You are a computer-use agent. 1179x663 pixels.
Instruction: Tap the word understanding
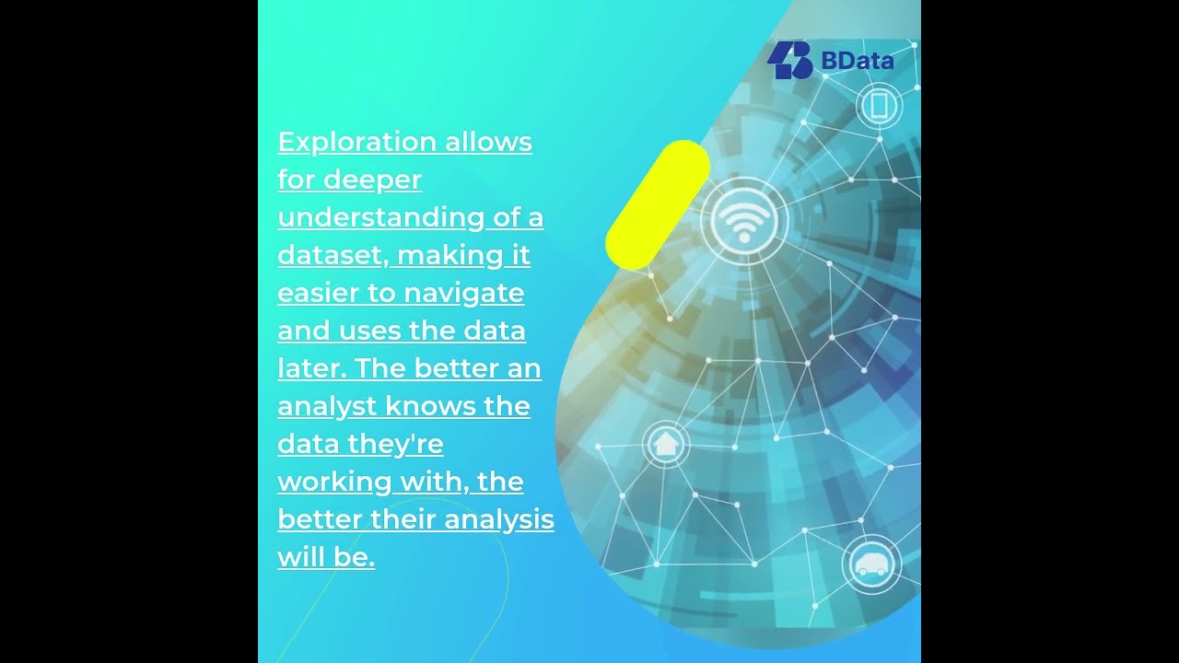click(x=381, y=218)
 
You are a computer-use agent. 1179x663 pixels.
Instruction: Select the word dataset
click(x=333, y=255)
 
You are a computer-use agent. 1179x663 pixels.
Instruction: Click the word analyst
click(x=326, y=406)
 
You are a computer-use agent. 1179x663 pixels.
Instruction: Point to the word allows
click(x=489, y=143)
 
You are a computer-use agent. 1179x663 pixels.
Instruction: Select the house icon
click(x=664, y=445)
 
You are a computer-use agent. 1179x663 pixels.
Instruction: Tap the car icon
click(x=870, y=563)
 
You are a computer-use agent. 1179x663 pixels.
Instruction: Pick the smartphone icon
click(x=878, y=105)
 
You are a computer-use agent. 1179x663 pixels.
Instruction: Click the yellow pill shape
click(x=658, y=205)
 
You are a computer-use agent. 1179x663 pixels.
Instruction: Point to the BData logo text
click(x=858, y=62)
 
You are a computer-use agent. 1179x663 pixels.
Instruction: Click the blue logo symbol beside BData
click(x=789, y=61)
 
